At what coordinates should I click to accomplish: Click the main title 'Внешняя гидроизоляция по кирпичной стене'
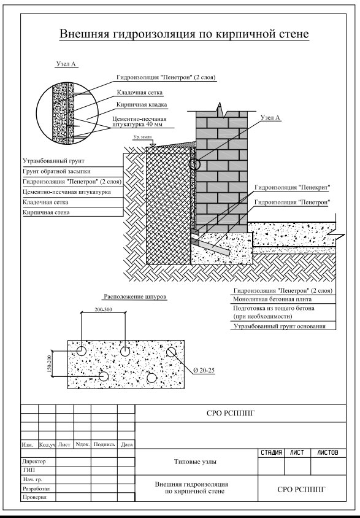click(x=184, y=34)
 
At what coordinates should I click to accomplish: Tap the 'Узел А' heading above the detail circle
click(x=66, y=64)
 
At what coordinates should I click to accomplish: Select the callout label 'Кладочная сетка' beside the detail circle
click(x=140, y=93)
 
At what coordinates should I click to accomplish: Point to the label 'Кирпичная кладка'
click(x=142, y=104)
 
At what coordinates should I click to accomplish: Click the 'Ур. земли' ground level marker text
click(x=142, y=137)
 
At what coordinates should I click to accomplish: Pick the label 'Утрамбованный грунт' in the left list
click(x=53, y=161)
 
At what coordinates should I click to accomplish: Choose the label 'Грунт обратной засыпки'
click(x=56, y=171)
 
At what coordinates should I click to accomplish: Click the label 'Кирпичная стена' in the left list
click(x=46, y=212)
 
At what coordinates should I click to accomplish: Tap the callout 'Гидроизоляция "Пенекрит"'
click(x=293, y=187)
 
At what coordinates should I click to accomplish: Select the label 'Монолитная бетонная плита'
click(x=272, y=300)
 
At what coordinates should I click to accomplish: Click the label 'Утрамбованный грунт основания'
click(x=280, y=327)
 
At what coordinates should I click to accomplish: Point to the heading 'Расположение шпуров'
click(x=136, y=296)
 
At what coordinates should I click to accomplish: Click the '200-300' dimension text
click(x=103, y=309)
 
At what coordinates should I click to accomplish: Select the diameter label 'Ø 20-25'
click(x=204, y=370)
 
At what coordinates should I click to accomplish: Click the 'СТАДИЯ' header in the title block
click(x=271, y=452)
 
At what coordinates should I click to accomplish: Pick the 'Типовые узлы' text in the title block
click(x=196, y=462)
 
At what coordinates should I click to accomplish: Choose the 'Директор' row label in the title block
click(x=34, y=461)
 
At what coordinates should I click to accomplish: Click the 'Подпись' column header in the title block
click(x=104, y=445)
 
